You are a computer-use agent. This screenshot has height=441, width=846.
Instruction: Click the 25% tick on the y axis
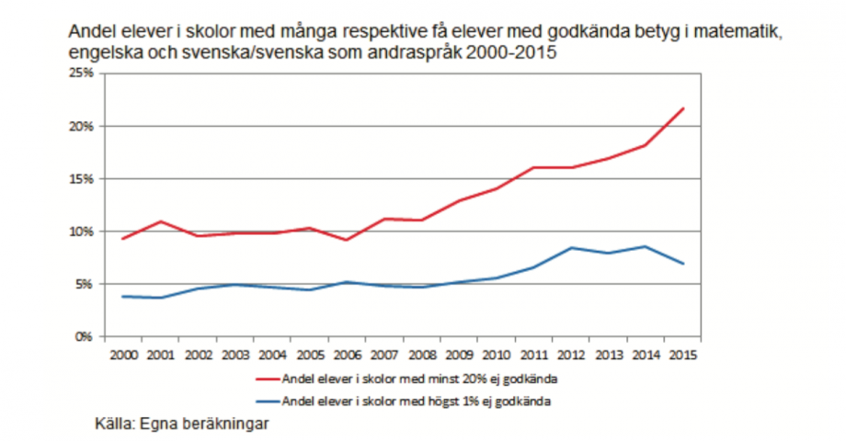pos(82,73)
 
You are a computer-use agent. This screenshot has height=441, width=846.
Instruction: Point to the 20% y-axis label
pos(82,126)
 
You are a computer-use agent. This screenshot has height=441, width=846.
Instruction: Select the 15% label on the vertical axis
pos(82,178)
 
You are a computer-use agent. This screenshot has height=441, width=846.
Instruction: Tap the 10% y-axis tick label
pos(82,232)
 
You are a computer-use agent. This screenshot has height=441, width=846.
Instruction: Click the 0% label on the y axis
pos(85,337)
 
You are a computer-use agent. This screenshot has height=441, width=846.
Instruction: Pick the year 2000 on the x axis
pos(121,354)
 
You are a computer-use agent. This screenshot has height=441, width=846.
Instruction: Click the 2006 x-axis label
pos(346,354)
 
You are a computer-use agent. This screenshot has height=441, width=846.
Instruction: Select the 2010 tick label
pos(497,354)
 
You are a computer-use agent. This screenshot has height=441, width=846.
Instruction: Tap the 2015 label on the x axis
pos(683,354)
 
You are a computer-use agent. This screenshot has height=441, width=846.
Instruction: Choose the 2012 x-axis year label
pos(571,354)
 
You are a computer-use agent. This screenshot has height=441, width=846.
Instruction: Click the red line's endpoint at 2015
pos(683,108)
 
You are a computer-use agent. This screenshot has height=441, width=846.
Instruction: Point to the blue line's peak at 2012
pos(571,247)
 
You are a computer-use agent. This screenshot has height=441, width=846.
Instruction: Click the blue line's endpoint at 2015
pos(683,264)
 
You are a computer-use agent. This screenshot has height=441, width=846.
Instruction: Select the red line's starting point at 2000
pos(121,239)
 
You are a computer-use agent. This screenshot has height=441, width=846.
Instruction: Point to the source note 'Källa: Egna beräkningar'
pos(184,424)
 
